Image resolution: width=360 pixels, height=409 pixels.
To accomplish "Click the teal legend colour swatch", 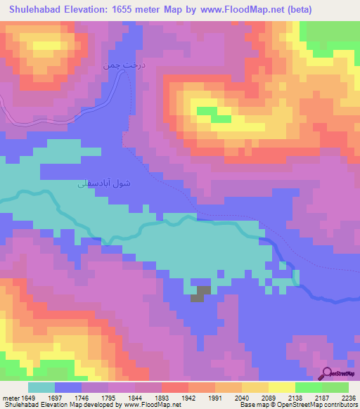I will [41, 387].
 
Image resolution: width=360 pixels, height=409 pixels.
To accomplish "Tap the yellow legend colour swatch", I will [282, 387].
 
